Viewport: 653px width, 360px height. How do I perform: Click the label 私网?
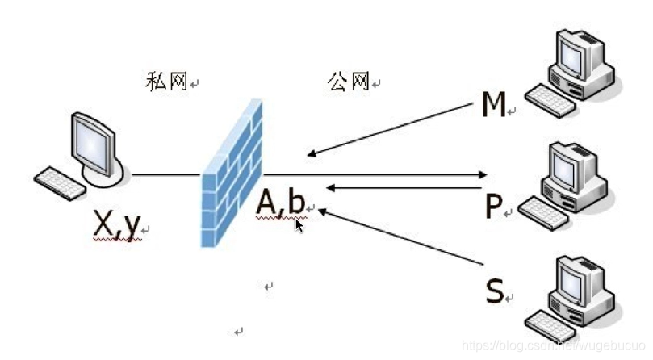[166, 81]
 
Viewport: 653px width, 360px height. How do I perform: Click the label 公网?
[348, 81]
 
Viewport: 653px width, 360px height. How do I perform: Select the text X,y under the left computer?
[116, 227]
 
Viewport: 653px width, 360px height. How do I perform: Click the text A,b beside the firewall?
[280, 204]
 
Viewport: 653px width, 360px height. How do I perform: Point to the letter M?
[492, 105]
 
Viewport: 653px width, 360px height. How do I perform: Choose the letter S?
[495, 291]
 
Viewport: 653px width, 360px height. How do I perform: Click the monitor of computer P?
[576, 165]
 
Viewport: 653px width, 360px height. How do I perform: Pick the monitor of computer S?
[577, 278]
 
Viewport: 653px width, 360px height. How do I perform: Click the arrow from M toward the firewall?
[387, 130]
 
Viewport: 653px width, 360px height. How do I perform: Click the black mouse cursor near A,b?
[299, 225]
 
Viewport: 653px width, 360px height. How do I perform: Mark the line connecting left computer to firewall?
[166, 174]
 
